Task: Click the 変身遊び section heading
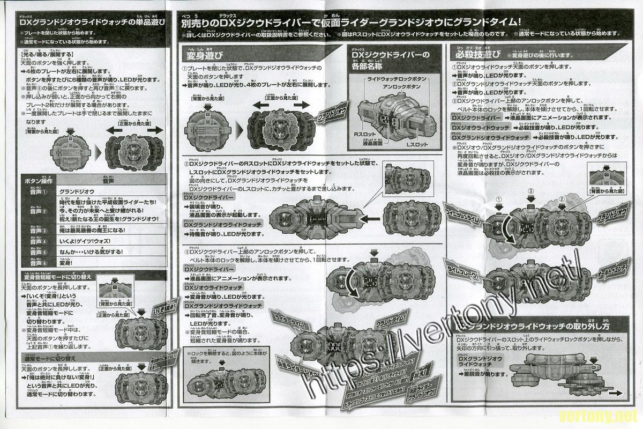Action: [205, 55]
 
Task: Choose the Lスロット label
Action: [417, 146]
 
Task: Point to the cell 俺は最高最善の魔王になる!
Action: [97, 230]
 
